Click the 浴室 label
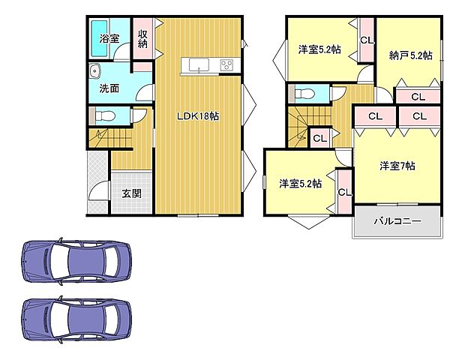tap(109, 37)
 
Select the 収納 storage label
tap(142, 37)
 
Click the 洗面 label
tap(109, 88)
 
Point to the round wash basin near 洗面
tap(94, 72)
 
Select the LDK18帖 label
tap(198, 116)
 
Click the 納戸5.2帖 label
tap(410, 55)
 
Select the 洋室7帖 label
tap(397, 166)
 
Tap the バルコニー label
tap(397, 222)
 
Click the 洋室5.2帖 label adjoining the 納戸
tap(319, 49)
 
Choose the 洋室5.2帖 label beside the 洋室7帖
tap(301, 182)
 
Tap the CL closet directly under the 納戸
tap(418, 97)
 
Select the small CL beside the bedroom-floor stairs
tap(319, 138)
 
